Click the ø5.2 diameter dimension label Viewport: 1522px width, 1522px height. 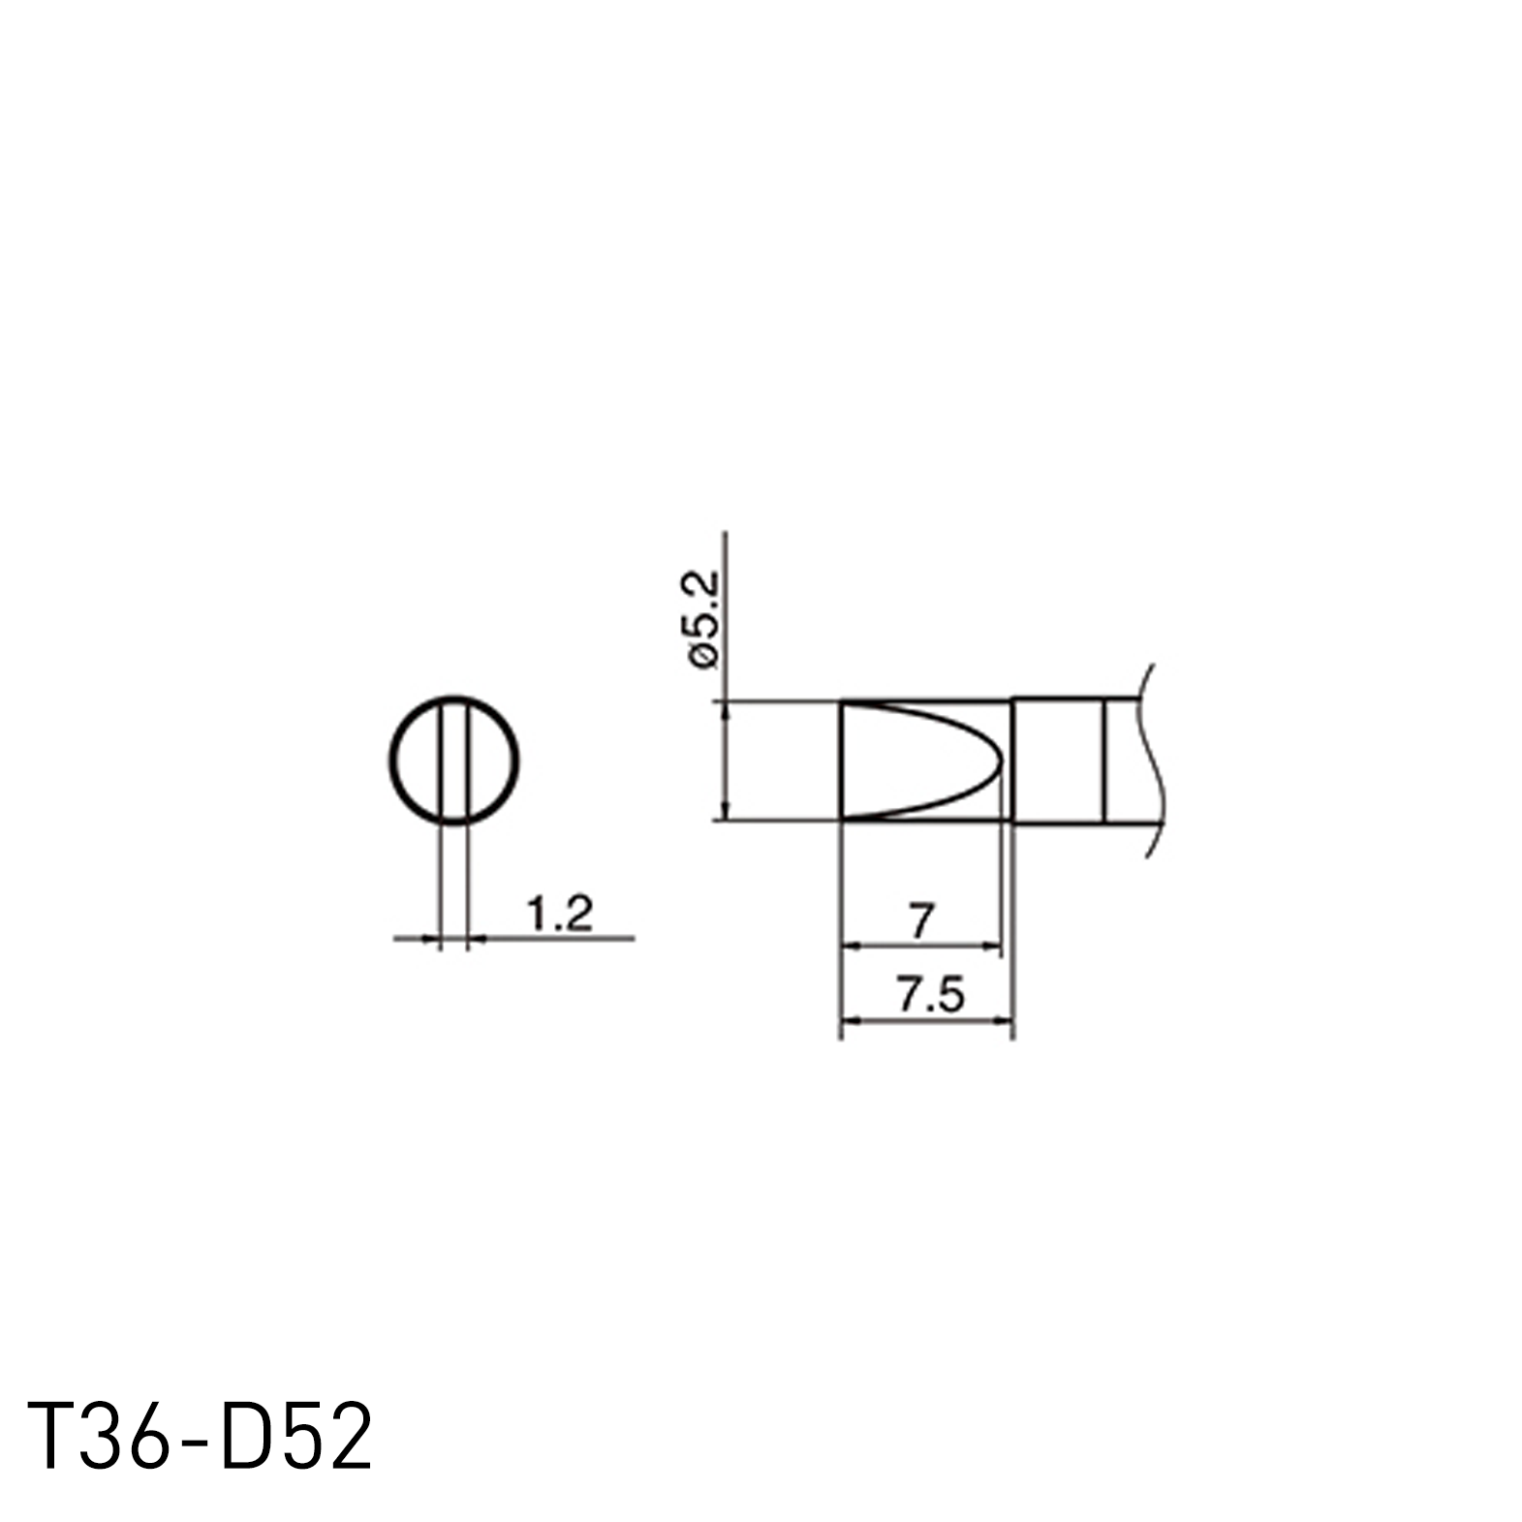[704, 618]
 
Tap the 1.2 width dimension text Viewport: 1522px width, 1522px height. [558, 914]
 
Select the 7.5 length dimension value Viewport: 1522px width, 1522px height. [930, 995]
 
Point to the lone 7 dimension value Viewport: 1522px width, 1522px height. [921, 920]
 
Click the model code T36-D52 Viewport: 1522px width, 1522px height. [200, 1438]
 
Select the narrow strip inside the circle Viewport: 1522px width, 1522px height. [454, 760]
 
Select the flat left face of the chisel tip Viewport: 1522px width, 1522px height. [841, 760]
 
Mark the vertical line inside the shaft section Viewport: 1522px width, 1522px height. [1104, 760]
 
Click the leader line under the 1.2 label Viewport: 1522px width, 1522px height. [552, 938]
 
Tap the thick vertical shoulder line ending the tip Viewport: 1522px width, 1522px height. [1012, 760]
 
